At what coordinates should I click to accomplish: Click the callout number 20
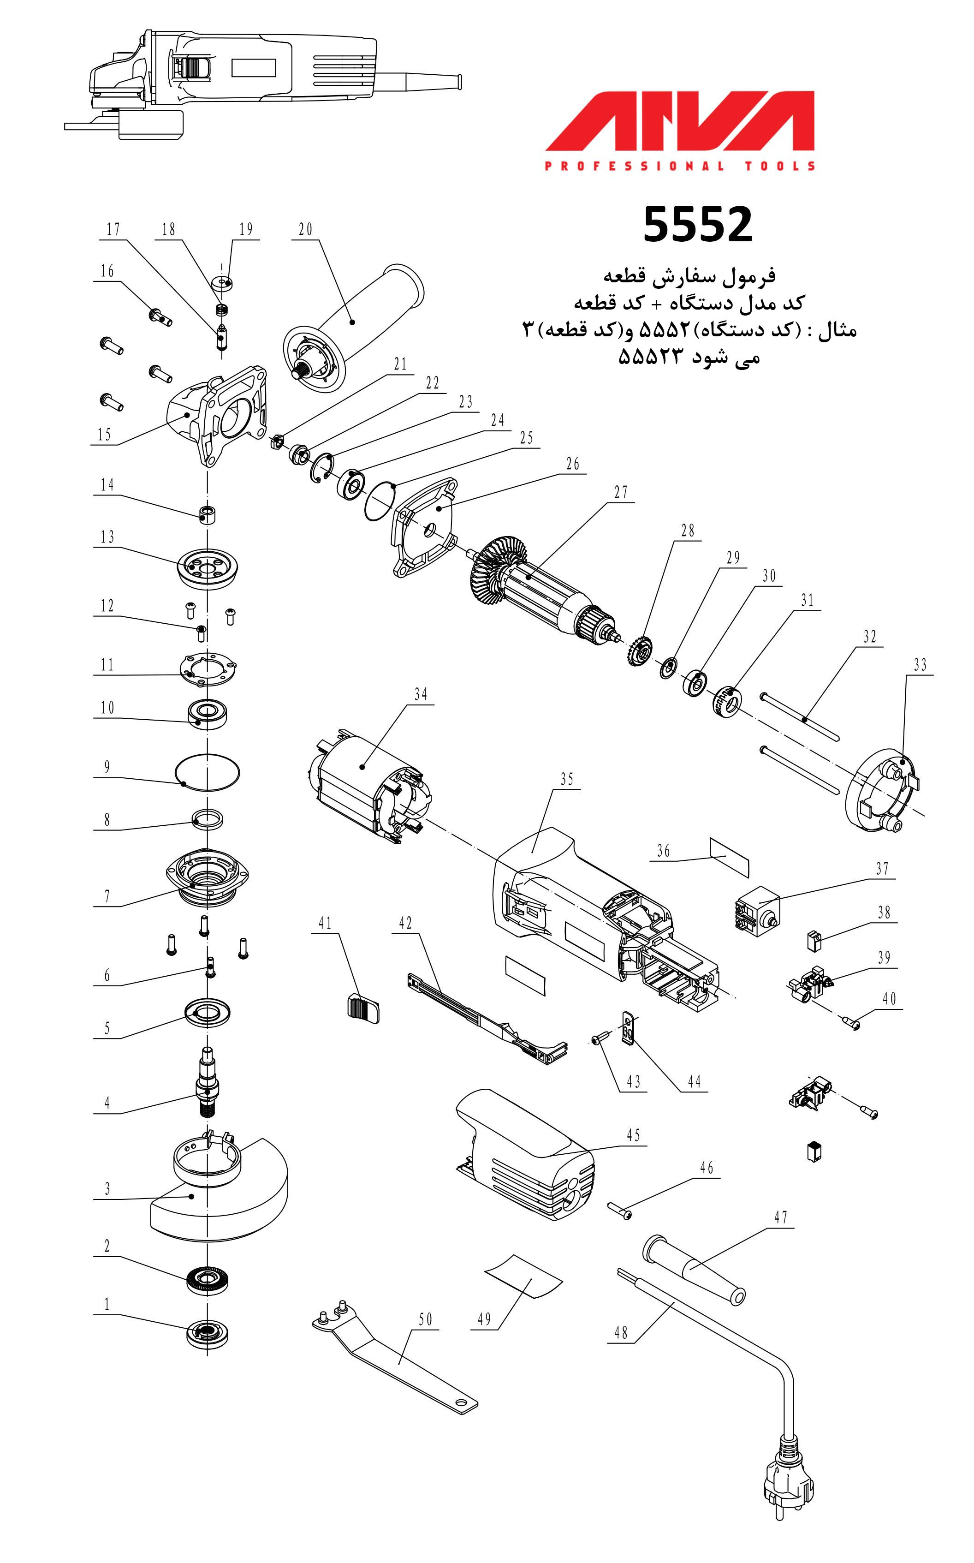coord(305,229)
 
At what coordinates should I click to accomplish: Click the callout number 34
coord(421,694)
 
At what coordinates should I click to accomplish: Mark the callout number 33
coord(920,664)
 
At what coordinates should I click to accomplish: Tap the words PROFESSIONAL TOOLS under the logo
coord(680,166)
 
